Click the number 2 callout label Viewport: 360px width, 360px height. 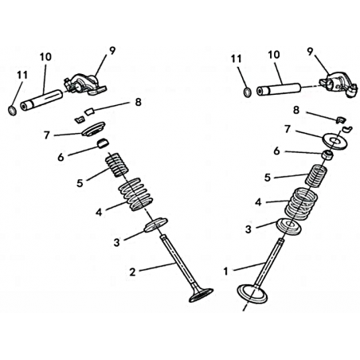[x=132, y=272]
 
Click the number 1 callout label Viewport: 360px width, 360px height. [x=226, y=272]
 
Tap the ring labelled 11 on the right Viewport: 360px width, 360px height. [x=248, y=92]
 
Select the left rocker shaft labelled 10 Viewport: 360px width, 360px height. [x=41, y=100]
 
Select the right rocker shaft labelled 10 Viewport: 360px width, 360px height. [x=279, y=89]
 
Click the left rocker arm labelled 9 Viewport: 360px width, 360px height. [x=85, y=84]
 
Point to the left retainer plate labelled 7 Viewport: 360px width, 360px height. [x=93, y=129]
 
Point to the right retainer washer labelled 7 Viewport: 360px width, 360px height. [x=335, y=141]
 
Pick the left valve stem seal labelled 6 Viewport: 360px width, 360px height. [x=104, y=143]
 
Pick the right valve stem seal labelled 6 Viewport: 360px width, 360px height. [x=327, y=155]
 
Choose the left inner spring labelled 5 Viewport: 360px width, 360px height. [x=117, y=165]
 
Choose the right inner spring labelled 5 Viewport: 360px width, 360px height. [x=315, y=176]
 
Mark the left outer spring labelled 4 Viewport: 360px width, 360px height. [x=135, y=194]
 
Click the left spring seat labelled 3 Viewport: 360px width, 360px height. [x=156, y=225]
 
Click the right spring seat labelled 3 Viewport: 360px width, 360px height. [x=289, y=226]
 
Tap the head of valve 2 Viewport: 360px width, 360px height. [x=201, y=295]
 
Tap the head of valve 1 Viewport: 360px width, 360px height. [x=252, y=294]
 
